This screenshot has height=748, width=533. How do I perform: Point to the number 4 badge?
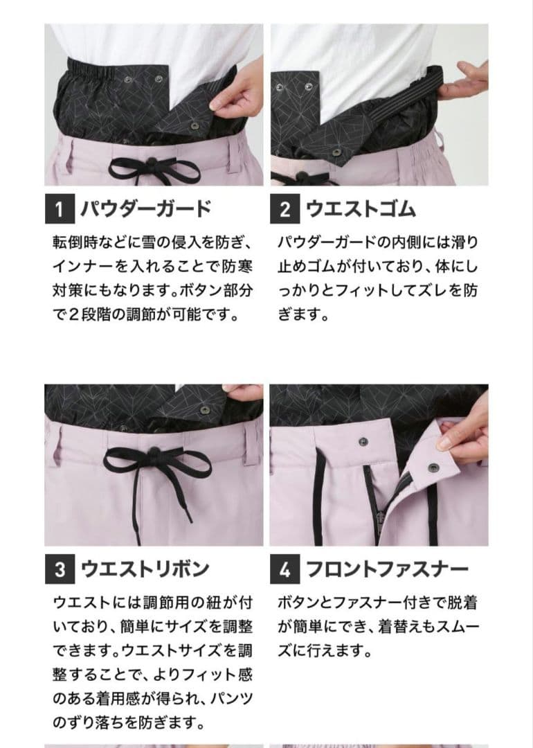[x=284, y=569]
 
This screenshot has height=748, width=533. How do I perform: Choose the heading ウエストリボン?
[x=145, y=569]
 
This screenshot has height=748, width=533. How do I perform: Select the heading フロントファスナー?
[x=387, y=569]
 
